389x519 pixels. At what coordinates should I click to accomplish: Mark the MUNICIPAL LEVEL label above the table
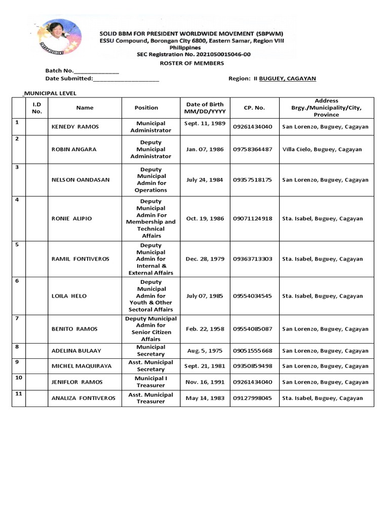pos(50,93)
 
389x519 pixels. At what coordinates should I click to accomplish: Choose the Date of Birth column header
pos(205,108)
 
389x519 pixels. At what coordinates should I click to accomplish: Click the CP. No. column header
pos(254,108)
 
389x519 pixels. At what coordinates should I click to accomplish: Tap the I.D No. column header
pos(37,108)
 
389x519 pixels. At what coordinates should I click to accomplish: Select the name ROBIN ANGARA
pos(74,150)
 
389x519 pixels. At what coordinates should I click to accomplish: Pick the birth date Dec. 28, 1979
pos(205,259)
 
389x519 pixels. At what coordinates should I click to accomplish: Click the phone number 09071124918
pos(252,219)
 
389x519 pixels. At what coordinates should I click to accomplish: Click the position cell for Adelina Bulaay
pos(151,351)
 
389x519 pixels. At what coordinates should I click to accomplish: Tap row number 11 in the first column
pos(18,393)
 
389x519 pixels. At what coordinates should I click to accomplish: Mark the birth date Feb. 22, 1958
pos(205,329)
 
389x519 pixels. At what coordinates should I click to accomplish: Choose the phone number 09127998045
pos(252,398)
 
